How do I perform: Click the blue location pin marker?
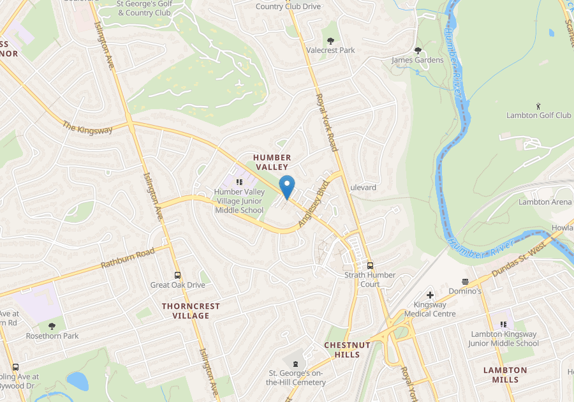(x=287, y=186)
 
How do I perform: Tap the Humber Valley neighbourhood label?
(x=272, y=162)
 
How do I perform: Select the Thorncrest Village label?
(x=191, y=311)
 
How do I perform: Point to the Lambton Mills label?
(x=505, y=375)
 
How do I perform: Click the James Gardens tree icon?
(x=418, y=50)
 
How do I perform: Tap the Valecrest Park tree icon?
(x=330, y=40)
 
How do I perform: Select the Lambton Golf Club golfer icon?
(x=539, y=105)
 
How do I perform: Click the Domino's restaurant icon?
(x=465, y=281)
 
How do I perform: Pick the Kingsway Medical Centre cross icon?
(x=430, y=295)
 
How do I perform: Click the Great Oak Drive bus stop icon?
(x=177, y=275)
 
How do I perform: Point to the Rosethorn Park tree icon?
(x=52, y=326)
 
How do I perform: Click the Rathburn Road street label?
(x=128, y=258)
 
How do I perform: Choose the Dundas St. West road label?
(x=519, y=261)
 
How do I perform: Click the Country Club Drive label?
(x=288, y=6)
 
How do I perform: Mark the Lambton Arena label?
(x=545, y=202)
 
